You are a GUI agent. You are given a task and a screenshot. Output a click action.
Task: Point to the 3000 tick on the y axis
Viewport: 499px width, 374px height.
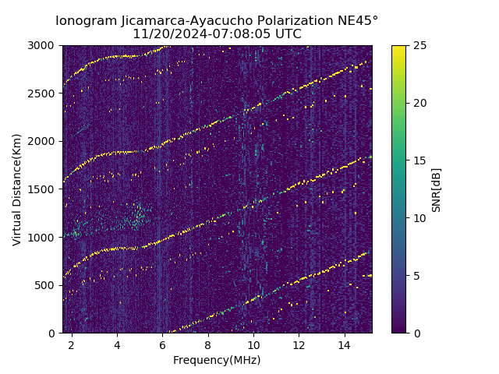(44, 46)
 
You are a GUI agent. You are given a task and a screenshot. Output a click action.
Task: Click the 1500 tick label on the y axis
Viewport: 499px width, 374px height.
(44, 189)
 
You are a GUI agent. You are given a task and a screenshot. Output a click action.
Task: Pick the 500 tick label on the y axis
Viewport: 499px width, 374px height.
(47, 285)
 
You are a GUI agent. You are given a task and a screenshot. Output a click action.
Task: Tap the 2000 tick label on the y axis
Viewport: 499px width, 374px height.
(44, 142)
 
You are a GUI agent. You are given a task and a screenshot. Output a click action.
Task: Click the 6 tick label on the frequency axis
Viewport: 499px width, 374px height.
(162, 345)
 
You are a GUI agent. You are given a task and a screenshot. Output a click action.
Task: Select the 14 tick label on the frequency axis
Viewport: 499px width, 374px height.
(344, 345)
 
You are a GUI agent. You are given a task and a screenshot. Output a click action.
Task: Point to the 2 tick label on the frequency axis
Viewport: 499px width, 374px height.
(72, 345)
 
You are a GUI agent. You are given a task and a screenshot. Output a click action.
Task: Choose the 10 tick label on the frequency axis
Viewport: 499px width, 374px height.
(253, 345)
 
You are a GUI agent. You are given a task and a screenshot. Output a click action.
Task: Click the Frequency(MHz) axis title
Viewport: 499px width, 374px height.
(217, 360)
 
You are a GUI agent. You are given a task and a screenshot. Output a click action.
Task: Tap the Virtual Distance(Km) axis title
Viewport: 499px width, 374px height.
(17, 189)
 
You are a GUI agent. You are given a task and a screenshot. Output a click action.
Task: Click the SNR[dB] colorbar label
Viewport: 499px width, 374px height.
(436, 189)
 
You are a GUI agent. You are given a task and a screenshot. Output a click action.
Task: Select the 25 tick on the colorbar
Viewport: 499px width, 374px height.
(418, 46)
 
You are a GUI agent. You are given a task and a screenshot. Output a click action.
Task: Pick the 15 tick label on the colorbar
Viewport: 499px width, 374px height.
(418, 161)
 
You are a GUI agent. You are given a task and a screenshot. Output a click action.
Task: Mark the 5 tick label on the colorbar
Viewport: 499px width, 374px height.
(415, 276)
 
